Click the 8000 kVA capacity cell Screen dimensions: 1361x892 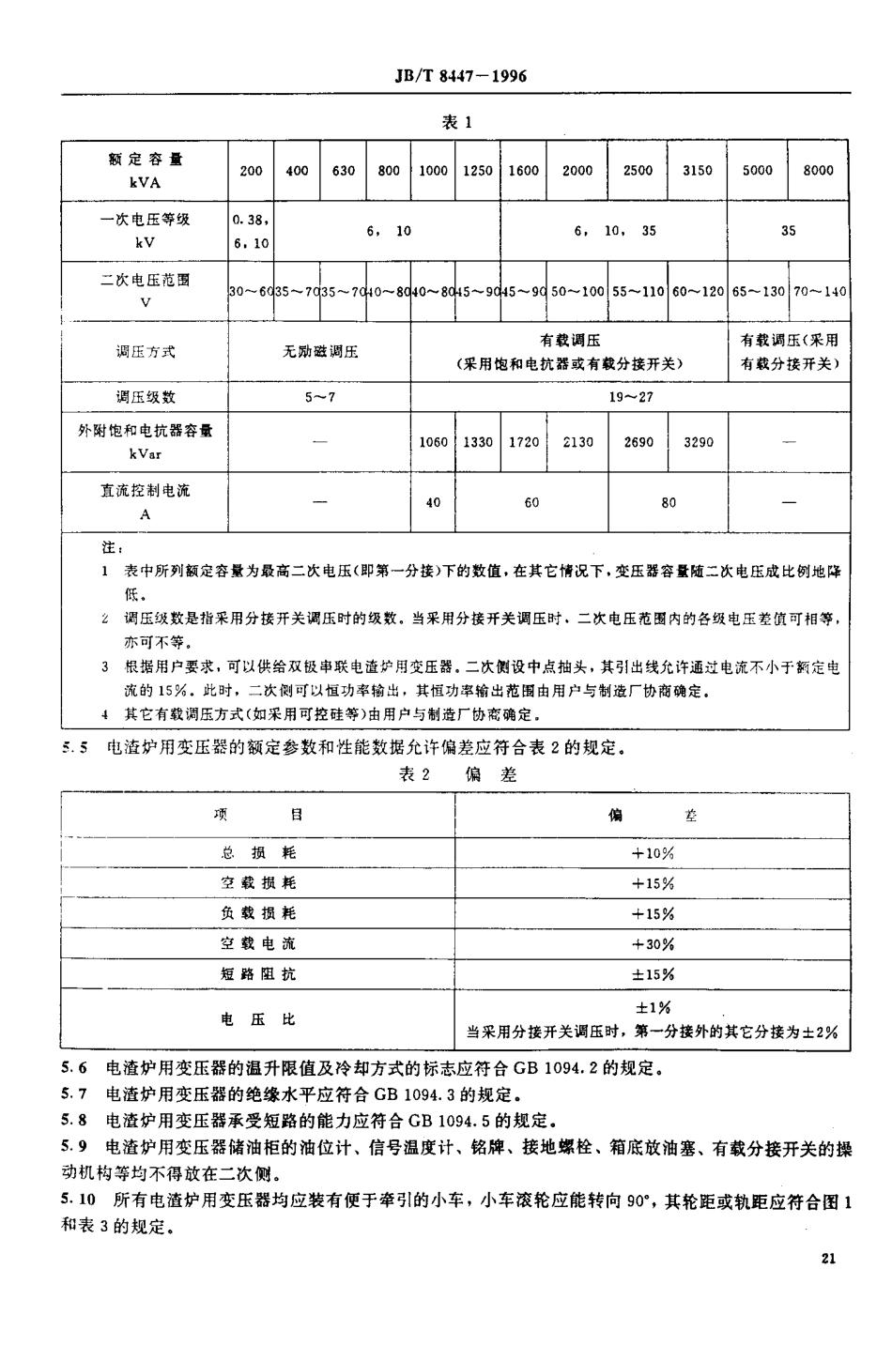click(818, 170)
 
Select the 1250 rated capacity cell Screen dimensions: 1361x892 click(478, 170)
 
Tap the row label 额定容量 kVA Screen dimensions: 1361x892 click(146, 170)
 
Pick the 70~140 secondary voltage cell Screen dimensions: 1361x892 click(820, 291)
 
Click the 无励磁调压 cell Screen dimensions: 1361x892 click(320, 352)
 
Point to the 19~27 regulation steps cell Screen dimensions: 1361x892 click(630, 397)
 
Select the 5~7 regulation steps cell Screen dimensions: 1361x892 click(320, 397)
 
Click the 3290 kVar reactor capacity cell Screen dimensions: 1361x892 click(698, 441)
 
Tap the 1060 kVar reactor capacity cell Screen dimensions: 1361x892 click(433, 441)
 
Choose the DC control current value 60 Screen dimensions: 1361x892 click(531, 502)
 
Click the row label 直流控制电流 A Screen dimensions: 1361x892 click(146, 502)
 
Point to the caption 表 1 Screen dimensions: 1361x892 click(455, 122)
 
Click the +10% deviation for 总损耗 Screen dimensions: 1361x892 click(653, 853)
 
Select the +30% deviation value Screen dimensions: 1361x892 click(653, 943)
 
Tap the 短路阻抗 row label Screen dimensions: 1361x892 click(257, 973)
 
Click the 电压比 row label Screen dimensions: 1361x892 click(257, 1018)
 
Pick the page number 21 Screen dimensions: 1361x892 click(827, 1259)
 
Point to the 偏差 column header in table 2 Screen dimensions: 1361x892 click(653, 816)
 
